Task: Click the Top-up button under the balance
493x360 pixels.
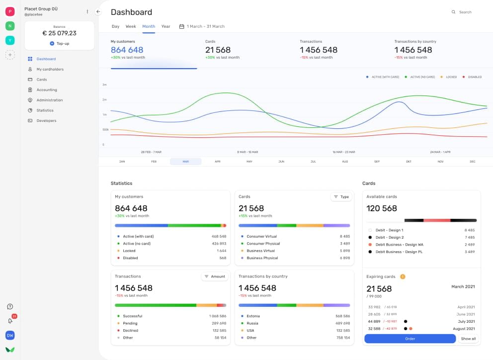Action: [59, 44]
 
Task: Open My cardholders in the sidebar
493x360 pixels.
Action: [50, 69]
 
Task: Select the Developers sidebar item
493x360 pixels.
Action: [46, 121]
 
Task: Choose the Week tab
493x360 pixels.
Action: [131, 26]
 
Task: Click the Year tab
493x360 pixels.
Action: [165, 26]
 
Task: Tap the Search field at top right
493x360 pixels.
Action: [465, 12]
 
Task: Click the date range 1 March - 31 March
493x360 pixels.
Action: [205, 26]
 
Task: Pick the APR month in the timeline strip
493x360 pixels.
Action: [217, 162]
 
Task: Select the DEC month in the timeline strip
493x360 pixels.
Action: [472, 162]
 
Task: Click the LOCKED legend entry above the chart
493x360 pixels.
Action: [451, 77]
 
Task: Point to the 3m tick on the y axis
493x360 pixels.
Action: [104, 85]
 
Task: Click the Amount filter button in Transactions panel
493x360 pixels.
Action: [215, 276]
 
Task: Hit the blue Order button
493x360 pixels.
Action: [410, 339]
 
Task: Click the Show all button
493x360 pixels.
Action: [468, 339]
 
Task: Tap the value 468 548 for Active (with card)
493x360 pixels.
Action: [219, 237]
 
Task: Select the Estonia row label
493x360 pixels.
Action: [253, 316]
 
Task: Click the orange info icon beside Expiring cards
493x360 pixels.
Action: [403, 276]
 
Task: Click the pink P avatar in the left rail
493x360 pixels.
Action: [10, 11]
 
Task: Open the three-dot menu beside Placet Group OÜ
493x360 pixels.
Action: [87, 11]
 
